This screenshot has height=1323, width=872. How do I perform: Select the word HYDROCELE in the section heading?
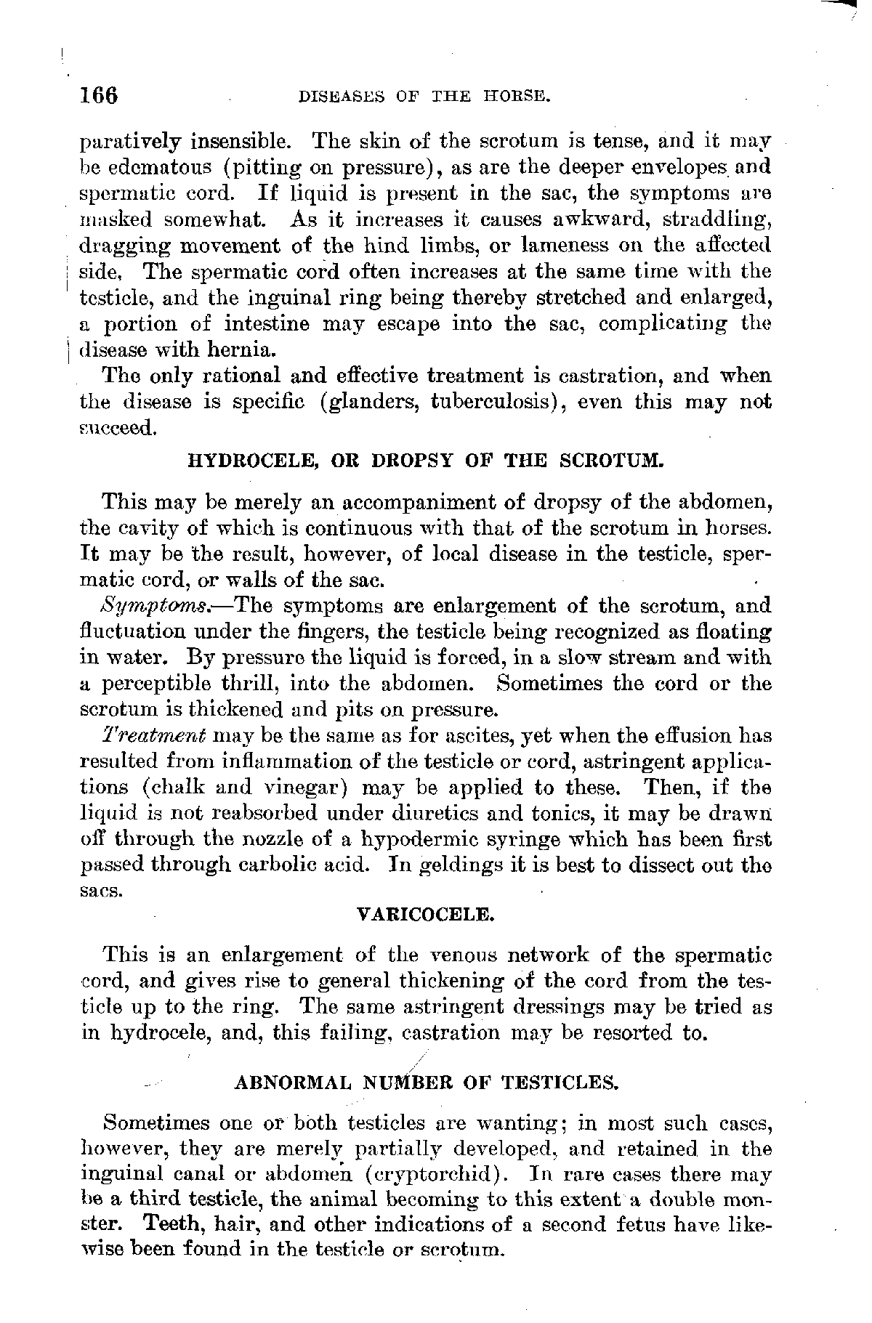(x=239, y=460)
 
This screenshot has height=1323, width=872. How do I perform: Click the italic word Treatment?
(x=155, y=737)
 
